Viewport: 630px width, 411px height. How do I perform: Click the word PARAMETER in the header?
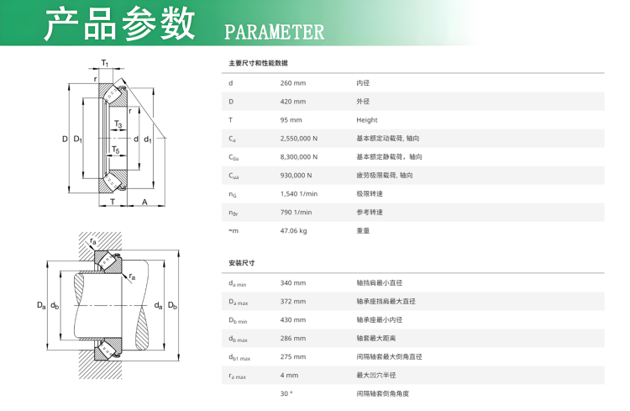pyautogui.click(x=274, y=32)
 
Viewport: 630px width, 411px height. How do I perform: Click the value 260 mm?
pyautogui.click(x=293, y=83)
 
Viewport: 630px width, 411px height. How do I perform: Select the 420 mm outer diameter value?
pyautogui.click(x=293, y=102)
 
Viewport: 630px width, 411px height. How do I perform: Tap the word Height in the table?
pyautogui.click(x=367, y=120)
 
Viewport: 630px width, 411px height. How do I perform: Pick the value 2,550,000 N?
pyautogui.click(x=298, y=139)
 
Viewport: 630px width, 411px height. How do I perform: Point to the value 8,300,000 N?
pyautogui.click(x=298, y=157)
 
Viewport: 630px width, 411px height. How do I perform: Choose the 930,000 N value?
pyautogui.click(x=296, y=176)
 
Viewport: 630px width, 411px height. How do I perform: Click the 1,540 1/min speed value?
pyautogui.click(x=298, y=194)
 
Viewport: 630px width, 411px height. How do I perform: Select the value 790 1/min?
pyautogui.click(x=296, y=213)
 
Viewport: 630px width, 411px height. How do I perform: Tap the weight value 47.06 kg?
pyautogui.click(x=293, y=231)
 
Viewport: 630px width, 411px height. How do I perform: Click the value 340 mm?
pyautogui.click(x=293, y=282)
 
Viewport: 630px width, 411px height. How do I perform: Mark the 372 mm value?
pyautogui.click(x=293, y=301)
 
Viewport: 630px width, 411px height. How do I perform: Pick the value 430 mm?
pyautogui.click(x=293, y=319)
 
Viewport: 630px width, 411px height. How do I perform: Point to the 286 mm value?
pyautogui.click(x=293, y=338)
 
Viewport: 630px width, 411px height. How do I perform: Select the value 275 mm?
pyautogui.click(x=293, y=356)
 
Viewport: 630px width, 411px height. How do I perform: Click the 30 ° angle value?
pyautogui.click(x=286, y=393)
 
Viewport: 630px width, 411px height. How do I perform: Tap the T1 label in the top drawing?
pyautogui.click(x=104, y=63)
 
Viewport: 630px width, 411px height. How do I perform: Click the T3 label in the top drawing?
pyautogui.click(x=118, y=124)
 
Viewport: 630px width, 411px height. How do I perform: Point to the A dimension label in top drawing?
pyautogui.click(x=144, y=202)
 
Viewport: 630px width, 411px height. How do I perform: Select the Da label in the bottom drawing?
pyautogui.click(x=41, y=305)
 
